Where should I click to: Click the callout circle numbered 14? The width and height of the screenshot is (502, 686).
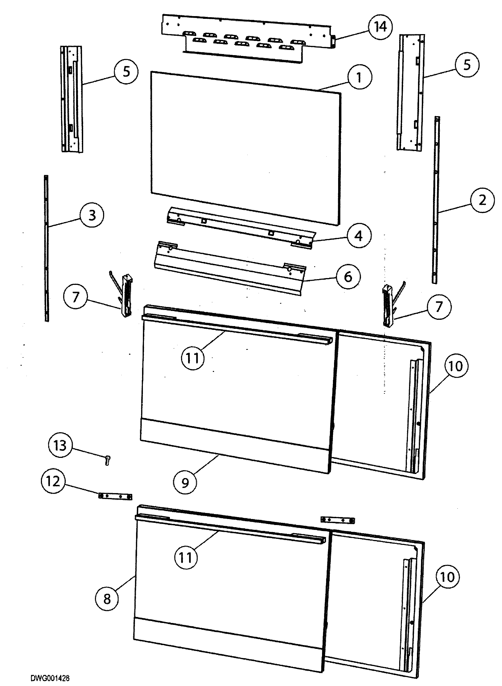pos(380,27)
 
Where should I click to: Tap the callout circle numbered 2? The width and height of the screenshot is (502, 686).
pos(482,200)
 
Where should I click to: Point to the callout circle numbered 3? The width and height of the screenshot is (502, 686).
pos(92,215)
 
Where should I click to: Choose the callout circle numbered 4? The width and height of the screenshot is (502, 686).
pos(359,236)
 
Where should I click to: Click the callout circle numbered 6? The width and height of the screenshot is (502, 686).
pos(348,276)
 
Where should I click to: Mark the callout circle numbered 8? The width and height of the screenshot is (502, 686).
pos(107,599)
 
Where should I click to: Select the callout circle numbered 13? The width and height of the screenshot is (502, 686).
pos(60,446)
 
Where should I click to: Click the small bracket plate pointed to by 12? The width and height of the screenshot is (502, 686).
pos(115,497)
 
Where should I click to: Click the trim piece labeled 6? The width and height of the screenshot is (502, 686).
pos(230,268)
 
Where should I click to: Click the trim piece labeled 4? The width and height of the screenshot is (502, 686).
pos(242,228)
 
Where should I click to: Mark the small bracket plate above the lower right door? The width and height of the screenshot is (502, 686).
pos(337,520)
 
